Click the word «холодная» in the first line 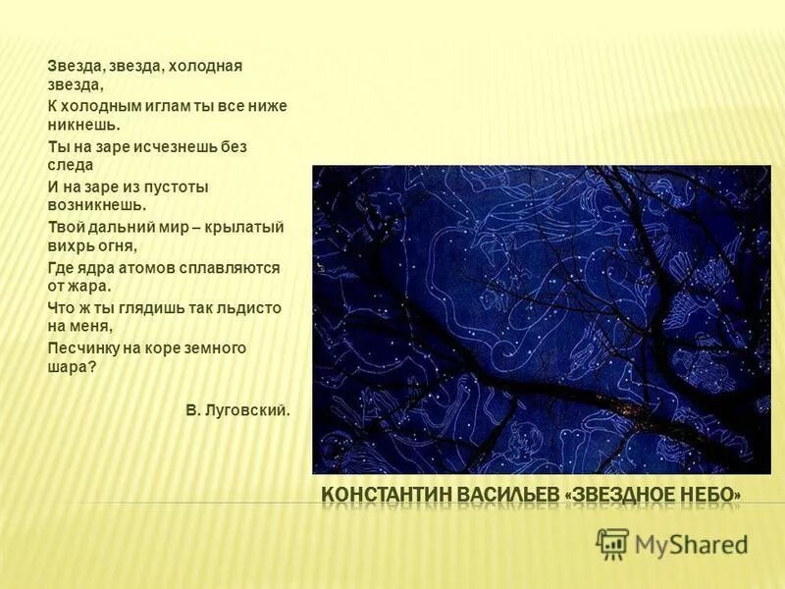[205, 66]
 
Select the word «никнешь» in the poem [82, 126]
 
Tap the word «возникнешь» [96, 206]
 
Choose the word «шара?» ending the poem [73, 367]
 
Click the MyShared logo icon [613, 543]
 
